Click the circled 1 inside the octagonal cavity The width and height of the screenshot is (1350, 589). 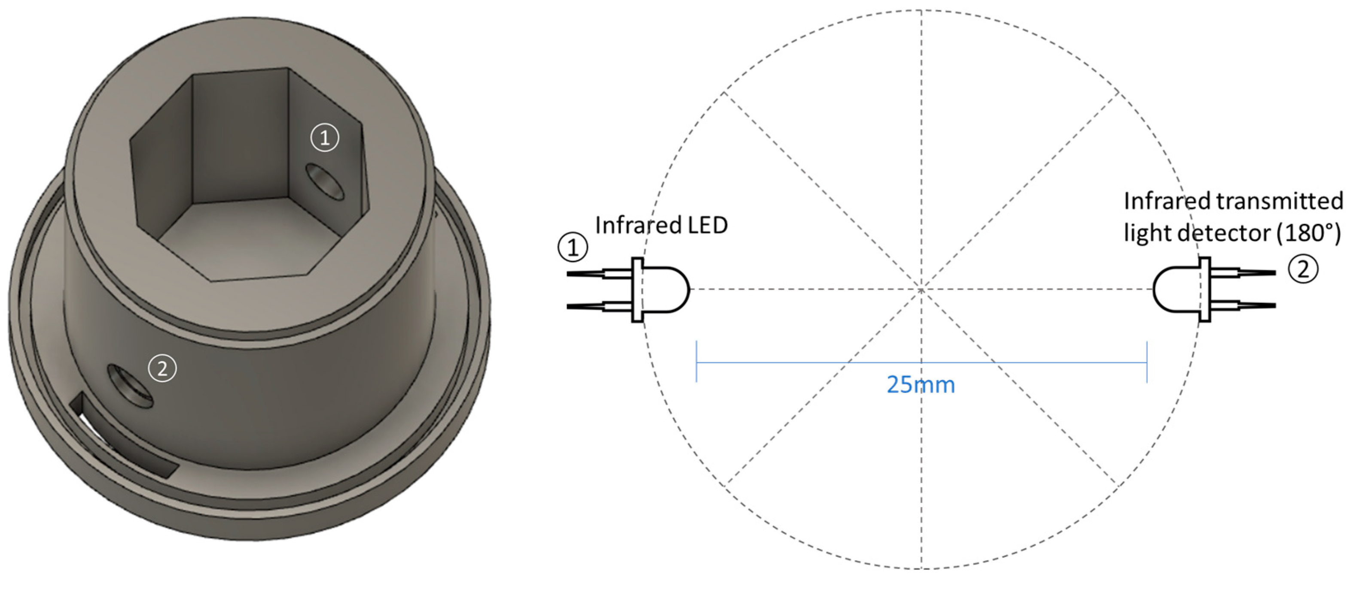pos(325,138)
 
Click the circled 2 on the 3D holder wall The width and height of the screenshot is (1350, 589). pos(162,369)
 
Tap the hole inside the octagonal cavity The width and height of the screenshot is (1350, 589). pos(325,181)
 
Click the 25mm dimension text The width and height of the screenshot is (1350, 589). pos(921,385)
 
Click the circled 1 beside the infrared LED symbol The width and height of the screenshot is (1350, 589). pos(573,247)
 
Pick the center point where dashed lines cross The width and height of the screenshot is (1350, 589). pos(921,289)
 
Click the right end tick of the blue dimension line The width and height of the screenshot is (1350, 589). pos(1147,362)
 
